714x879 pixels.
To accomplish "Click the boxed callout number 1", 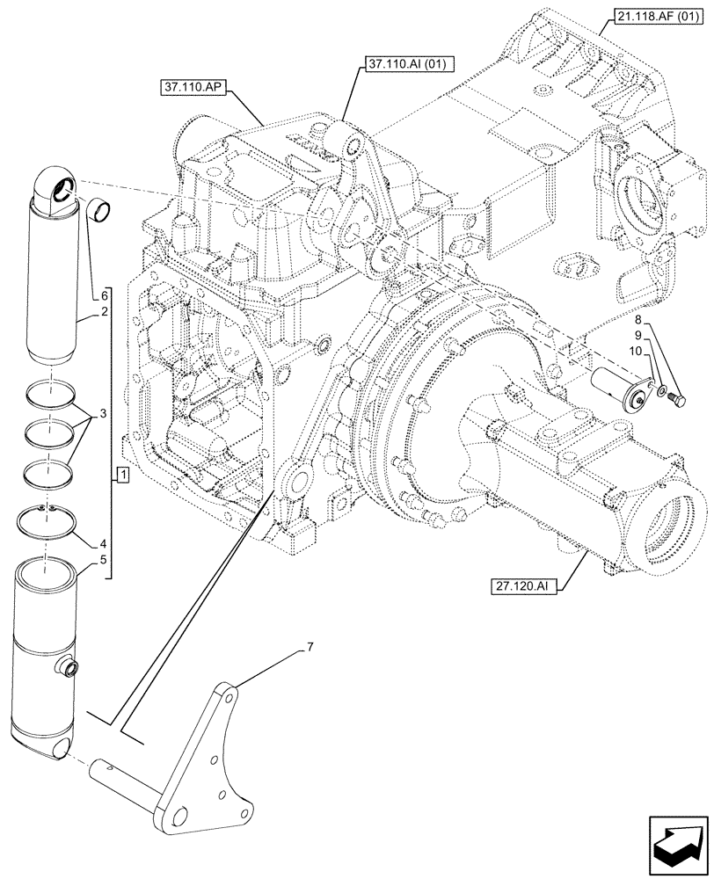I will point(124,476).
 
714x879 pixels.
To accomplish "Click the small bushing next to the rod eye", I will point(101,212).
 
